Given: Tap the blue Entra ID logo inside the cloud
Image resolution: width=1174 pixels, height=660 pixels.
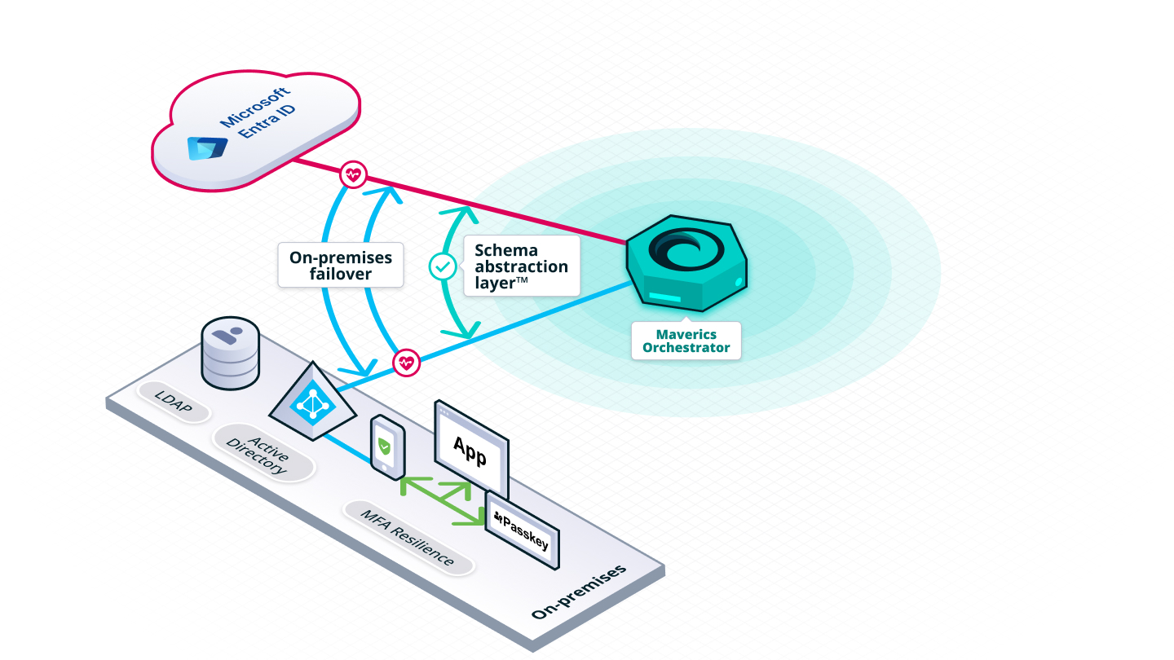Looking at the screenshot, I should coord(206,148).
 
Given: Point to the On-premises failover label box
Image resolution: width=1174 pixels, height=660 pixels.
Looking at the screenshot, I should coord(341,265).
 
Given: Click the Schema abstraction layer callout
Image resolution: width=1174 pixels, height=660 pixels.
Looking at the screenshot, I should coord(521,266).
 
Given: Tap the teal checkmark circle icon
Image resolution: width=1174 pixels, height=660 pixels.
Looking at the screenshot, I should coord(443,266).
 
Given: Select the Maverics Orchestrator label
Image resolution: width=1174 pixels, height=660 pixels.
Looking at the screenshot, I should coord(686,341).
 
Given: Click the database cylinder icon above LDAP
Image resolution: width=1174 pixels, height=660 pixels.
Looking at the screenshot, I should coord(229,354).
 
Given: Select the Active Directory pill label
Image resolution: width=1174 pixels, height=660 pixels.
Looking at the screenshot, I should coord(263,453).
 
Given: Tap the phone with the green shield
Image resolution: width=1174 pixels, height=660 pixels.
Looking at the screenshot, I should coord(387,446).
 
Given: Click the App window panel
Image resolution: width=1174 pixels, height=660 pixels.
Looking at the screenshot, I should coord(471,451).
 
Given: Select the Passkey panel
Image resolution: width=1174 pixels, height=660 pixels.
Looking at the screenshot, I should coord(523,530).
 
